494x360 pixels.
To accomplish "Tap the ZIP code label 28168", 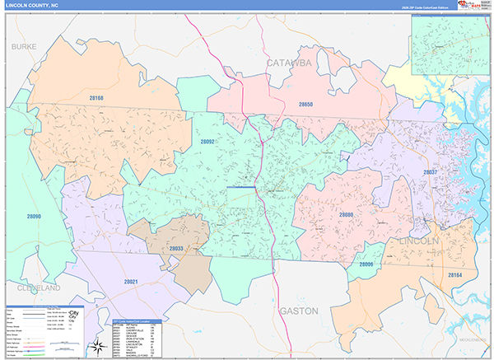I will (97, 99).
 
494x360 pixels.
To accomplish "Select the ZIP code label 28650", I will (306, 105).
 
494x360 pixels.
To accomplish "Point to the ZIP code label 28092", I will (207, 142).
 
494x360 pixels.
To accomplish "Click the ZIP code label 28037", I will (430, 172).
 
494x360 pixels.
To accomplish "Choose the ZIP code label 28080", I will (347, 214).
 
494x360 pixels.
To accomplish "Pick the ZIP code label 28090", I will (33, 217).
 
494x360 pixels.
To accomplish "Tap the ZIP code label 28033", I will (176, 248).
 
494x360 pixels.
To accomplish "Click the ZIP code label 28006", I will (366, 264).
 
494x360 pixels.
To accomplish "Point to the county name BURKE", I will (24, 48).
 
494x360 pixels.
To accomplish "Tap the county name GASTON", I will (298, 311).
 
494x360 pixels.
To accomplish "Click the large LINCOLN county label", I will (418, 241).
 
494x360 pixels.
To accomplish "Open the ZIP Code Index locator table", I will (135, 338).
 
